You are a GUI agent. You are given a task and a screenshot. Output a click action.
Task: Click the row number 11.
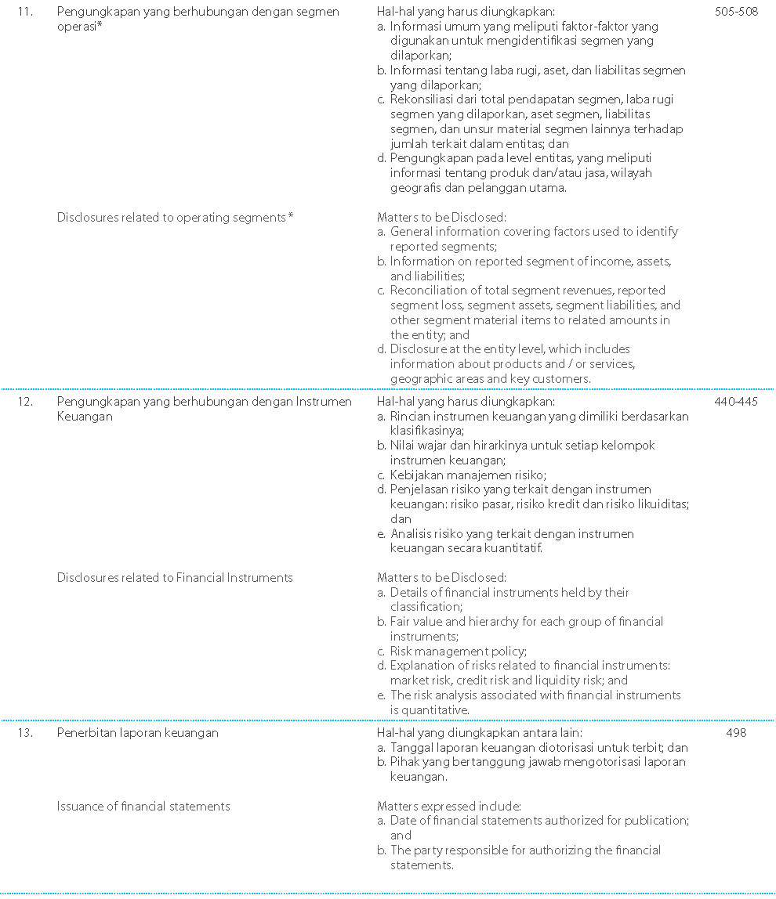(x=25, y=13)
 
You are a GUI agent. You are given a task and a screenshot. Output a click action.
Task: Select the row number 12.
(x=25, y=402)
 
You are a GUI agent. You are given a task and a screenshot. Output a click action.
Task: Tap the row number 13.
(x=25, y=733)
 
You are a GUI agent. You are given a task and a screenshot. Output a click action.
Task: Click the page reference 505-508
(x=736, y=13)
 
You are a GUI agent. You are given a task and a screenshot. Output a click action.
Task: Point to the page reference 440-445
(x=736, y=402)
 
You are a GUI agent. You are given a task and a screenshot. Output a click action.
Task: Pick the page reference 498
(x=736, y=733)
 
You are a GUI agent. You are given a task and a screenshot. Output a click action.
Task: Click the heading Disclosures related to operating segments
(x=175, y=217)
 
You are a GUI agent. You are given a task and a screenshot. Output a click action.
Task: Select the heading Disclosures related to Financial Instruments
(x=175, y=578)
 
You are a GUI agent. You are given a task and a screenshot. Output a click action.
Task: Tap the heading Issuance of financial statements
(x=143, y=806)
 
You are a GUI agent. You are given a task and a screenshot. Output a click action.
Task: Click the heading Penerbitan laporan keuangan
(x=137, y=733)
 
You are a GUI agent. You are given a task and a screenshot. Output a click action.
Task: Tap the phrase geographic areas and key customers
(x=490, y=379)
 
